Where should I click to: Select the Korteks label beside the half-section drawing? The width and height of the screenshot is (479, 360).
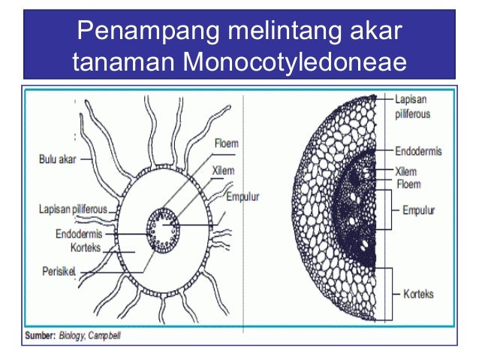coord(417,294)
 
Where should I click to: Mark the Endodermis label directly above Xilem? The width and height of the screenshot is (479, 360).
coord(418,151)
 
